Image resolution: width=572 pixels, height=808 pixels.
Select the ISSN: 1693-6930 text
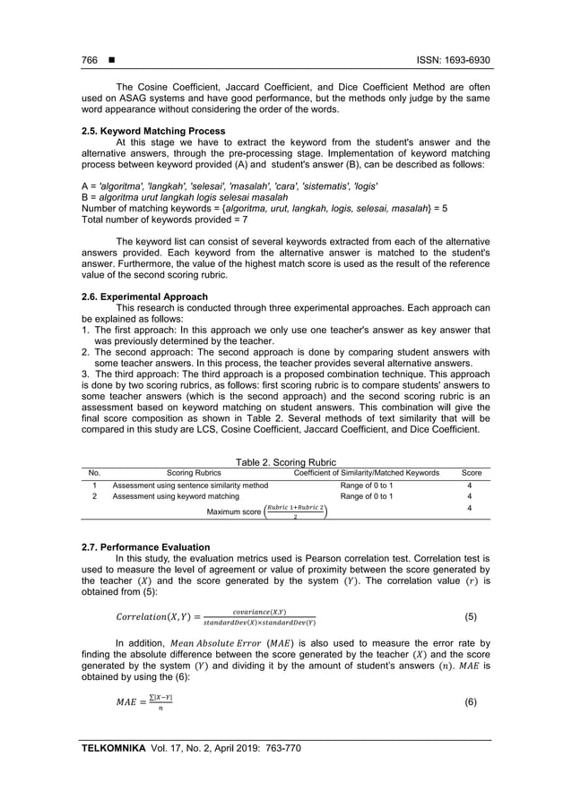point(454,61)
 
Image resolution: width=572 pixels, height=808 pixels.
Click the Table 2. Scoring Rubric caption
point(285,461)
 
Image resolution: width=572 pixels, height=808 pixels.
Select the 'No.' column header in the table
point(95,472)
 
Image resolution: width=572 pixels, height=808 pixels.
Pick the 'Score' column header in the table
point(471,472)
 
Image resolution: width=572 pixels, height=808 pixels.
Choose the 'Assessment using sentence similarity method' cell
point(190,485)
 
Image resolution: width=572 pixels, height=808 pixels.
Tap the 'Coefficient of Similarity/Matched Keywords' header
point(367,472)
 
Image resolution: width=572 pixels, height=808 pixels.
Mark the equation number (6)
point(471,702)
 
